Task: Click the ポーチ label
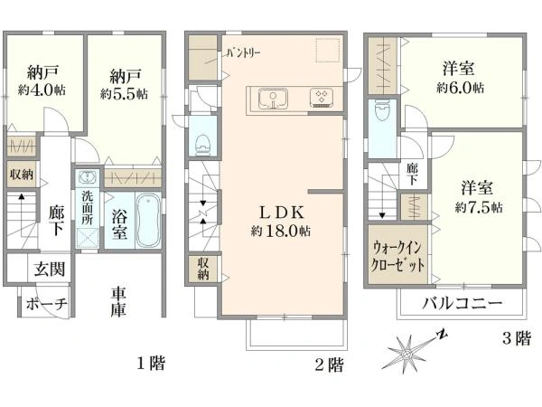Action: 45,304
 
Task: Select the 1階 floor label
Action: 150,364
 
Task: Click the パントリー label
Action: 243,53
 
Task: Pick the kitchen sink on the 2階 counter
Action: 272,99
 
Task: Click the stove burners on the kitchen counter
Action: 322,99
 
